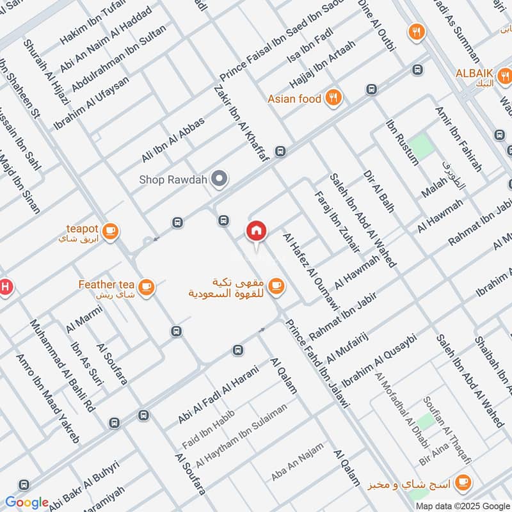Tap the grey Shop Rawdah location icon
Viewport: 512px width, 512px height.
tap(220, 180)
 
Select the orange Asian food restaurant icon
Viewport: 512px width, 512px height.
tap(333, 99)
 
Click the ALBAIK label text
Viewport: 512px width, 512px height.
tap(474, 74)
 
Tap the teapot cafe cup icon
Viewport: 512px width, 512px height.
tap(111, 230)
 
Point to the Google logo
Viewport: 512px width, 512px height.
tap(27, 502)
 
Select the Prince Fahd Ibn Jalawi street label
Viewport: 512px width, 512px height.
tap(318, 363)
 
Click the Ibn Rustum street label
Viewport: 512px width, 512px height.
tap(403, 141)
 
